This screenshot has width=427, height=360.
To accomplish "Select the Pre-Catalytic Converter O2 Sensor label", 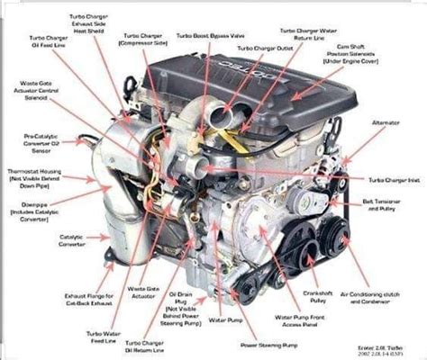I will (34, 142).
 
